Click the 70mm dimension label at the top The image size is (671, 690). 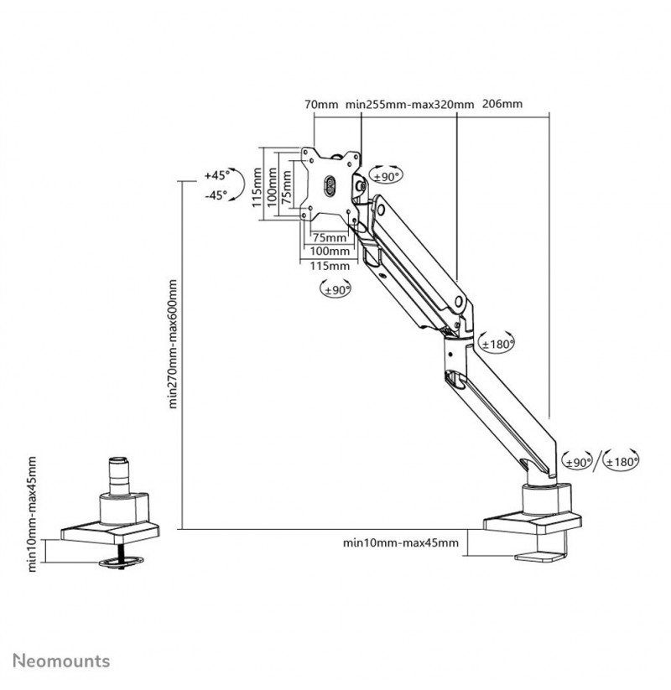click(321, 104)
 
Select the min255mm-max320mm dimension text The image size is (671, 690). click(409, 104)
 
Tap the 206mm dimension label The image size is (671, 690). click(502, 104)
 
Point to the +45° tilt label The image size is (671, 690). click(217, 175)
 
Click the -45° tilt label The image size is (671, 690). click(216, 195)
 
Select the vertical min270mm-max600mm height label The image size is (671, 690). click(173, 344)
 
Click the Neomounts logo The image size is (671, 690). click(61, 661)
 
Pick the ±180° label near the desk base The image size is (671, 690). click(622, 462)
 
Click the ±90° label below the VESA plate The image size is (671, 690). click(337, 290)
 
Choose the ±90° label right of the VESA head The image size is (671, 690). click(386, 177)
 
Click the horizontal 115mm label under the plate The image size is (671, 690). click(330, 266)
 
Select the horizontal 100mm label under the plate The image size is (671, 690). click(330, 252)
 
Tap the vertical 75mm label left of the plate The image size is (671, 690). click(287, 187)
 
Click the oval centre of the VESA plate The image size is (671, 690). click(330, 187)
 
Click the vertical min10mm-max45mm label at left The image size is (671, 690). click(32, 514)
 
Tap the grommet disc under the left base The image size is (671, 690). click(121, 562)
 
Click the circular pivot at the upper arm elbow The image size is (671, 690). click(458, 303)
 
